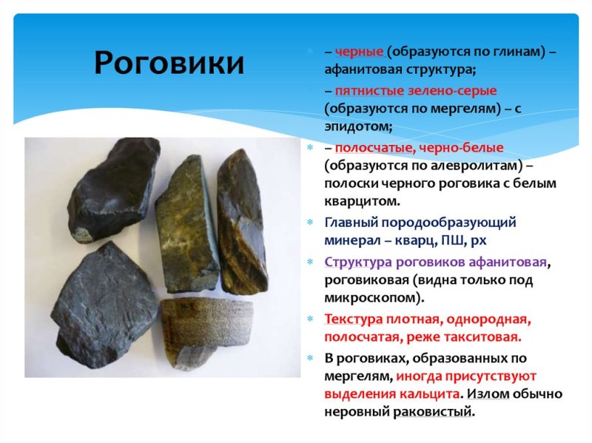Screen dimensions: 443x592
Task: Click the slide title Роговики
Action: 168,64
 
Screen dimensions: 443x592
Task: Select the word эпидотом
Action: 354,126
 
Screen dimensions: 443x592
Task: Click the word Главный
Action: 350,222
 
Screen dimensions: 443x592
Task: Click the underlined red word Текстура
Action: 353,319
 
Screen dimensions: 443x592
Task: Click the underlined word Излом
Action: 489,393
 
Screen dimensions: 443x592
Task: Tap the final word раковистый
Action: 435,412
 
